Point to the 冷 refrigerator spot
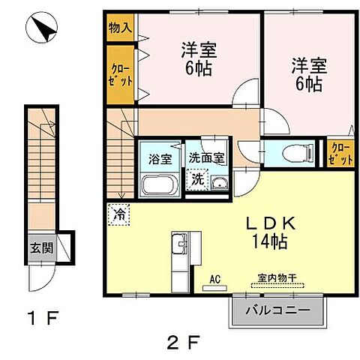click(x=118, y=214)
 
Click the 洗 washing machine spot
click(x=196, y=179)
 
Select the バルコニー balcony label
click(x=279, y=309)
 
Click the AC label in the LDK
click(x=215, y=280)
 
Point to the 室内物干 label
click(x=277, y=279)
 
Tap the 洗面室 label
click(x=206, y=158)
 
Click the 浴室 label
click(x=160, y=159)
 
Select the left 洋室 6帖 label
click(x=199, y=59)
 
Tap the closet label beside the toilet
click(x=340, y=153)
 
